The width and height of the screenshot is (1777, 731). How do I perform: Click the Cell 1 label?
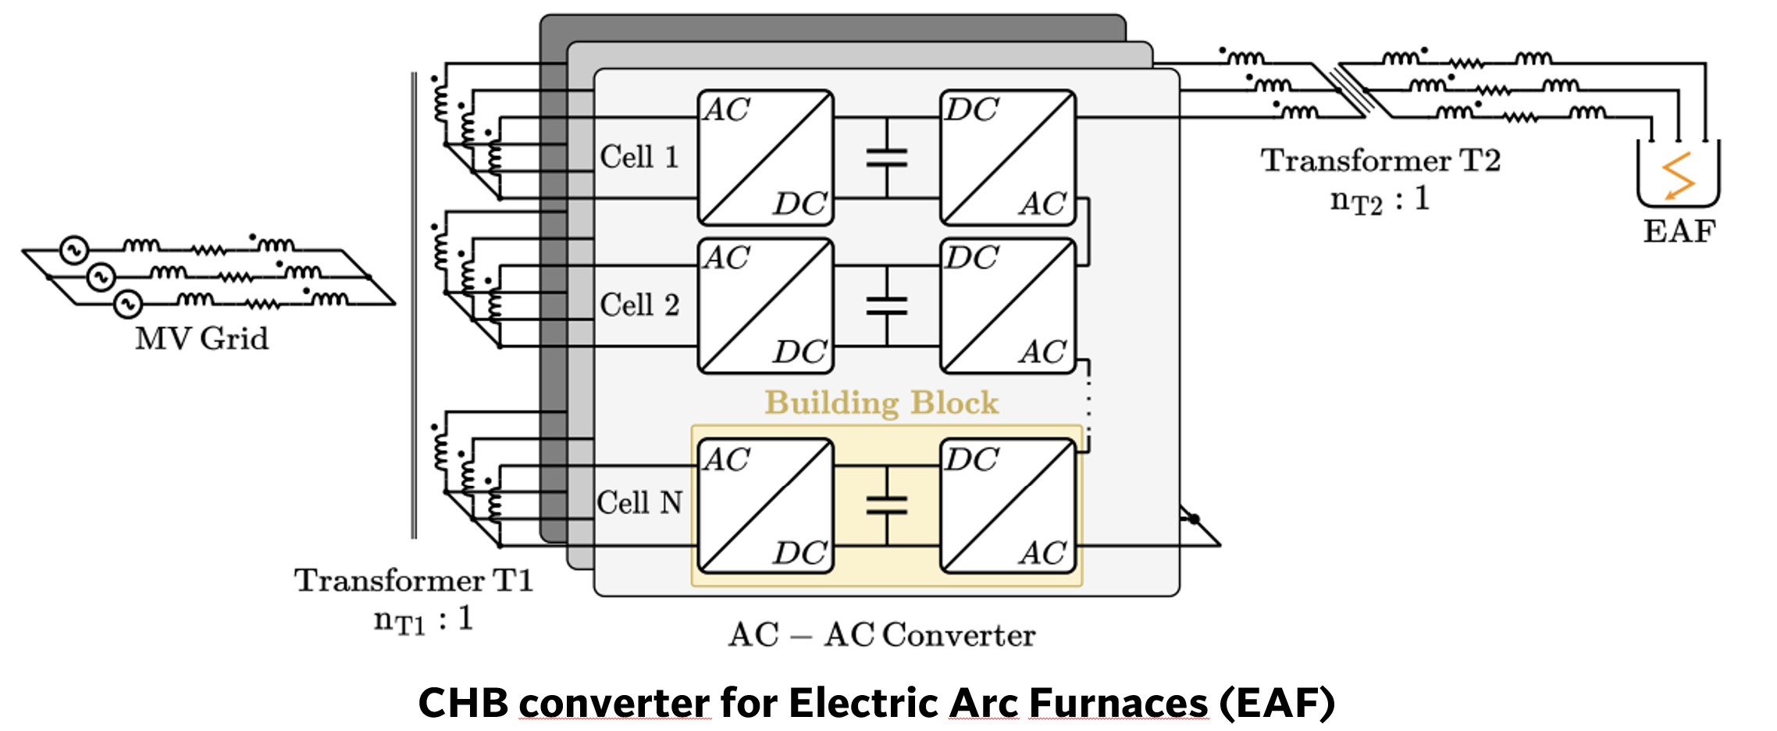pos(639,157)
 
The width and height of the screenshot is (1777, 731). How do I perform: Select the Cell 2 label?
pos(639,305)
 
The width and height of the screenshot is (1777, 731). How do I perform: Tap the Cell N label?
pos(639,502)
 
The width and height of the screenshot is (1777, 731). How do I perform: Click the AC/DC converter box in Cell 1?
pos(765,157)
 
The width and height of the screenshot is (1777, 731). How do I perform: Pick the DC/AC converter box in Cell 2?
pos(1008,305)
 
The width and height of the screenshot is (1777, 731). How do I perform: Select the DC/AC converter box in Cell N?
pos(1008,506)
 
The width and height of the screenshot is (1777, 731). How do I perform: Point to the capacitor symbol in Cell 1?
pos(887,158)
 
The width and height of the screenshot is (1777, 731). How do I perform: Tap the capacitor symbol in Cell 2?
pos(887,305)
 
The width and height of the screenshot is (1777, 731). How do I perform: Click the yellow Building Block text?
pos(881,403)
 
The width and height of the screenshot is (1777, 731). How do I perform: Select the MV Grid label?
pos(201,339)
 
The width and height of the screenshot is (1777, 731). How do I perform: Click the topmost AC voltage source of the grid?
pos(74,251)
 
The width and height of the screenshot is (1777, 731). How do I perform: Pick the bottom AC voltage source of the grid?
pos(128,304)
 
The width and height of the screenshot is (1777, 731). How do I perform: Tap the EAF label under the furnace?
pos(1679,232)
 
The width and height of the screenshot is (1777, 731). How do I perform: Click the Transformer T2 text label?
pos(1380,161)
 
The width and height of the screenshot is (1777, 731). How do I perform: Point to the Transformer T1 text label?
pos(414,580)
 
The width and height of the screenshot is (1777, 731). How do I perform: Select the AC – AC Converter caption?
pos(881,635)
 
